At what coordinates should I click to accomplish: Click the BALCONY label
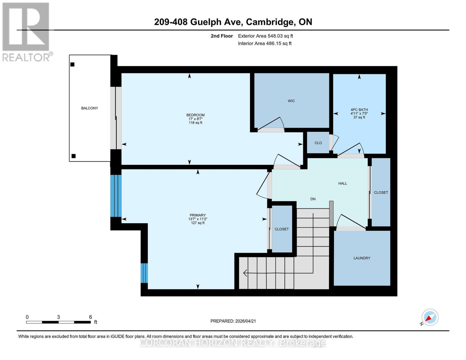point(89,108)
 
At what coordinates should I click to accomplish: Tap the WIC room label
point(291,101)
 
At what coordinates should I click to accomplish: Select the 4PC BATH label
point(359,110)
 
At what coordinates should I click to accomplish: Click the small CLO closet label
point(318,143)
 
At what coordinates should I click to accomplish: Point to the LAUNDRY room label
point(362,258)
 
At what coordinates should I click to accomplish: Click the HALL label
point(342,183)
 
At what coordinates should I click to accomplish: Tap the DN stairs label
point(313,199)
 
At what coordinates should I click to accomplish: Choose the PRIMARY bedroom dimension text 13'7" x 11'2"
point(197,219)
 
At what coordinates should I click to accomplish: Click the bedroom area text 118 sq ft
point(195,123)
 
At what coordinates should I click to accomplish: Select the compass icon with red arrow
point(430,317)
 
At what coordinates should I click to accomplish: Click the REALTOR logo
point(26,32)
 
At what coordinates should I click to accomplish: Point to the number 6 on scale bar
point(90,317)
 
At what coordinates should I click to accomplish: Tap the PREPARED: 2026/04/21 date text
point(233,321)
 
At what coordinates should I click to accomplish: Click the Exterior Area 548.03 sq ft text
point(265,36)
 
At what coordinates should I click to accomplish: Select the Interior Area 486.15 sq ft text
point(265,43)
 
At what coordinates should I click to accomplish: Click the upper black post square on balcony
point(72,64)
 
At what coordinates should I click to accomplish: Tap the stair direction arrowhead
point(245,273)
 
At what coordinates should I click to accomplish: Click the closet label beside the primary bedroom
point(281,229)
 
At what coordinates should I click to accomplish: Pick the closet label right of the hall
point(381,193)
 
